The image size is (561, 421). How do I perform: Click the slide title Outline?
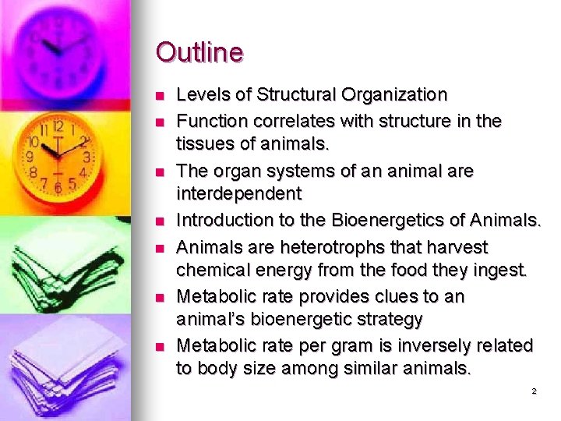[199, 53]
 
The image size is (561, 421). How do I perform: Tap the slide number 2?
[534, 391]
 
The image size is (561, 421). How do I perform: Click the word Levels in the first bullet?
[199, 95]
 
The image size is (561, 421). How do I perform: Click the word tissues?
[203, 145]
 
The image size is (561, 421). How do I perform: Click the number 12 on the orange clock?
[58, 125]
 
